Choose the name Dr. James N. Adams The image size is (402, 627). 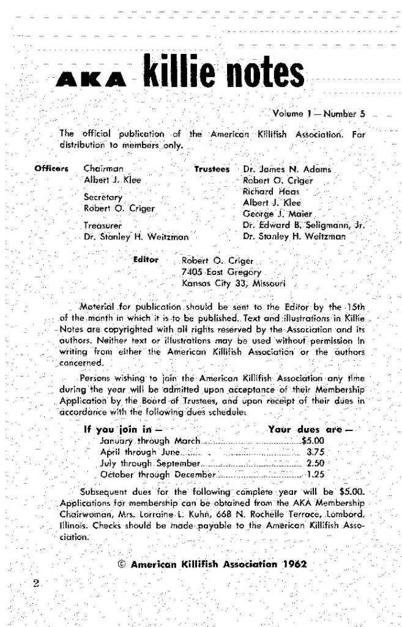(287, 168)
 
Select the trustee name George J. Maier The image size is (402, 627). (278, 214)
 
